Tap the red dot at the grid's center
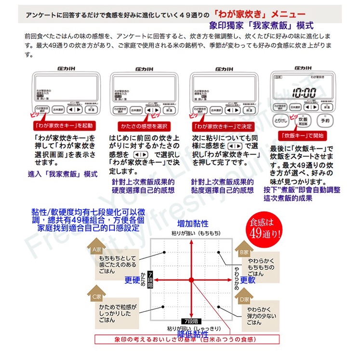[x=191, y=280]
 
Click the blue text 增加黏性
[x=193, y=224]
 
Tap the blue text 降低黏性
[x=193, y=334]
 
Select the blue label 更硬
[x=132, y=280]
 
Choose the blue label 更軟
[x=248, y=280]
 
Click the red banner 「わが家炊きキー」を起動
[x=64, y=125]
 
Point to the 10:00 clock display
[x=303, y=93]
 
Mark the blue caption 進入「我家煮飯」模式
[x=63, y=174]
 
